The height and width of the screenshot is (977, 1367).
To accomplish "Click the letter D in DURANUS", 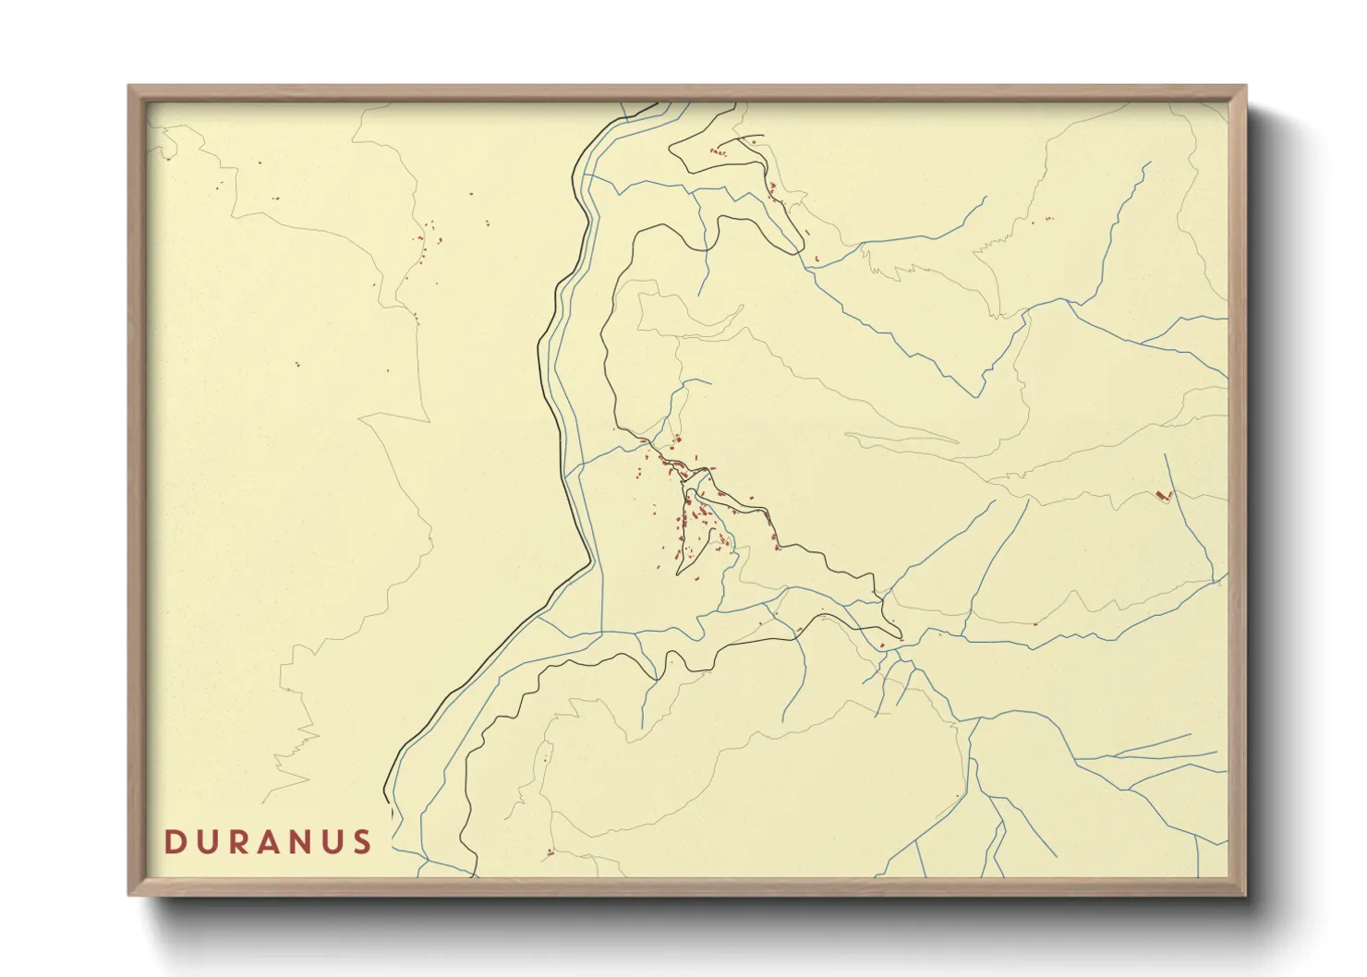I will tap(174, 842).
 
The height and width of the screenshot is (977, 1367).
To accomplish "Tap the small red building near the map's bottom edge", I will tap(550, 851).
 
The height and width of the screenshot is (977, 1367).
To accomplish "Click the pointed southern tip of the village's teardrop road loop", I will tap(679, 574).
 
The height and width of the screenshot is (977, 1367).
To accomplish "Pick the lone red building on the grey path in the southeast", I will tap(1035, 623).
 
